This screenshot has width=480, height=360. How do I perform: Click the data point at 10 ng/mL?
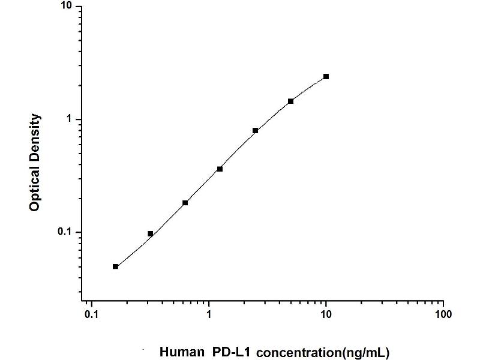point(326,76)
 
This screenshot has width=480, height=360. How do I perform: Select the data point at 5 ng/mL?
point(290,101)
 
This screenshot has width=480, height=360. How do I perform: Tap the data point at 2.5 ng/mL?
point(255,130)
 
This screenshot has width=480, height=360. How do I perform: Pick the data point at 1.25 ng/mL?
point(220,169)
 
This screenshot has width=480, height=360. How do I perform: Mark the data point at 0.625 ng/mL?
point(185,203)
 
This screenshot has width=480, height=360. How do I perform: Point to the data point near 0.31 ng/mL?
point(150,233)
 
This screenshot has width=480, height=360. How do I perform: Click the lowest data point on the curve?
point(115,266)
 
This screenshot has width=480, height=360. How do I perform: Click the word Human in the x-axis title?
point(180,352)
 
